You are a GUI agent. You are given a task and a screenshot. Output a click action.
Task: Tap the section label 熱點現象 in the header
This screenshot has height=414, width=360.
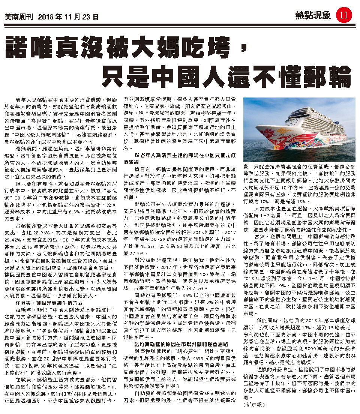pyautogui.click(x=313, y=16)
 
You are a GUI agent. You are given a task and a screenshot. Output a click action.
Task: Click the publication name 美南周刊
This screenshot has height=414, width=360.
pyautogui.click(x=18, y=17)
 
